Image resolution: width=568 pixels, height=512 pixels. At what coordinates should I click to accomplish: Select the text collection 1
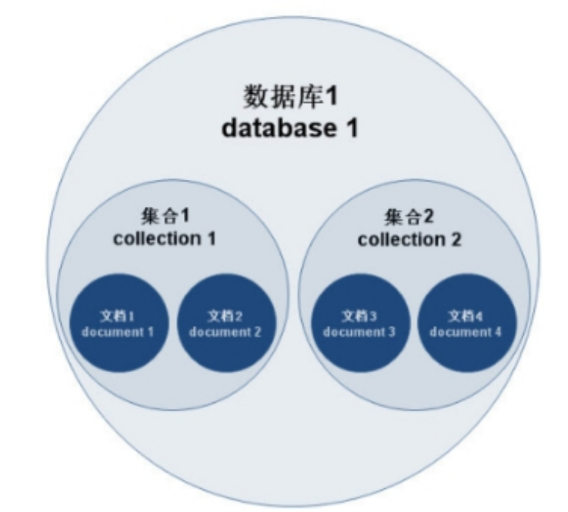point(164,238)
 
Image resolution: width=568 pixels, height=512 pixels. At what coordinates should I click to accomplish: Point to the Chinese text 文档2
point(226,316)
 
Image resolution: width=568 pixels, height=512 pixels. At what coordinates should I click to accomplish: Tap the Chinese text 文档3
point(359,316)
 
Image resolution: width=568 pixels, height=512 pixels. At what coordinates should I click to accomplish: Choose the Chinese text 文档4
point(466,316)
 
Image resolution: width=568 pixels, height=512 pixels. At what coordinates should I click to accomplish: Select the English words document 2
point(226,332)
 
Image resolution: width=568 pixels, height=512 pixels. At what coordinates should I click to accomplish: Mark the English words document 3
point(359,332)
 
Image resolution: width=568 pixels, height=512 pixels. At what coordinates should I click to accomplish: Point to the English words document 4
point(466,332)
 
